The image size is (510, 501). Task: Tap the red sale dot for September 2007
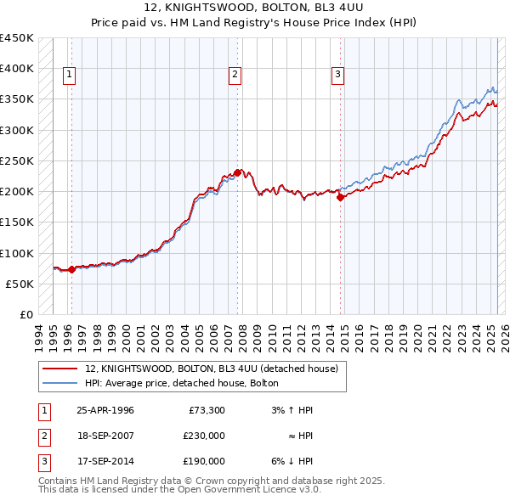(237, 172)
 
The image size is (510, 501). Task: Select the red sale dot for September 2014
(340, 197)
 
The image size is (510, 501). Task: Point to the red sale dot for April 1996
(71, 269)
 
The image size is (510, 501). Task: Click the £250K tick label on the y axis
(17, 160)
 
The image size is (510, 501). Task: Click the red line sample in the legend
(60, 369)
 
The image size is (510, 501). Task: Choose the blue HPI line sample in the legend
(60, 383)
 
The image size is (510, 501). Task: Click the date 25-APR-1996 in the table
(105, 410)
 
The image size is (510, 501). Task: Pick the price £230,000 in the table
(204, 436)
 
